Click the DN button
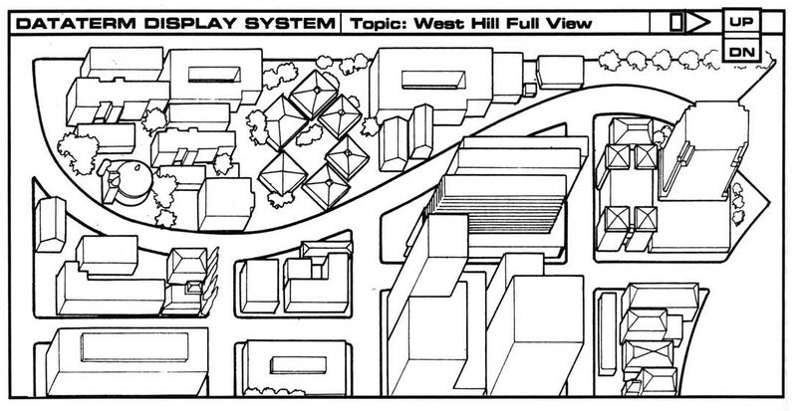(x=740, y=51)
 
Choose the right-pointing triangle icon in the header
(x=698, y=20)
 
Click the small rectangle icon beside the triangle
(x=676, y=20)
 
